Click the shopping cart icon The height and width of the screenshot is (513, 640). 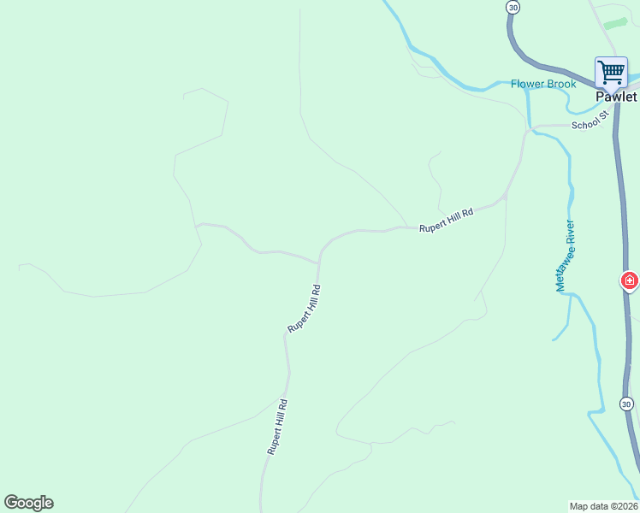point(611,71)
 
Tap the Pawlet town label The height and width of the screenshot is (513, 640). point(616,97)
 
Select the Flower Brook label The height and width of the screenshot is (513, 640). point(542,84)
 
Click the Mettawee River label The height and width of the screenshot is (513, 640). point(566,256)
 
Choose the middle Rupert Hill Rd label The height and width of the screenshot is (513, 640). point(304,309)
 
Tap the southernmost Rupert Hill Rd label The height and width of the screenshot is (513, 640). point(276,427)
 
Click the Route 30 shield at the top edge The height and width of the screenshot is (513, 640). point(513,7)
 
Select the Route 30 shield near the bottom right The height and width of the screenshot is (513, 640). point(626,404)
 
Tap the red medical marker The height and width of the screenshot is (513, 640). point(630,280)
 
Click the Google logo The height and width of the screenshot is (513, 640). point(28,503)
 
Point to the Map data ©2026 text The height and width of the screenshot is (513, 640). point(603,505)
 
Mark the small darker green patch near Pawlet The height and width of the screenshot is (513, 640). point(615,23)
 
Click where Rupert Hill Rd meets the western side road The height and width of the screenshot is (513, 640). point(320,262)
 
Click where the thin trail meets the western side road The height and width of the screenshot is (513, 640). point(198,225)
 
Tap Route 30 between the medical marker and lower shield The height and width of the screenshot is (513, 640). point(621,342)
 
